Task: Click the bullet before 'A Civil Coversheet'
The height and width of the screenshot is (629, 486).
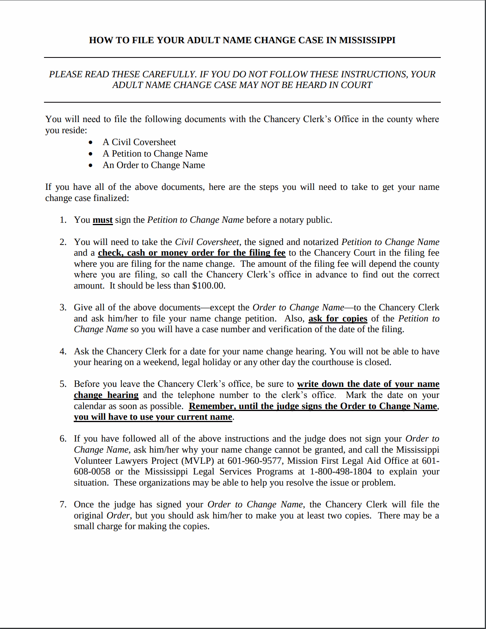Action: [x=91, y=142]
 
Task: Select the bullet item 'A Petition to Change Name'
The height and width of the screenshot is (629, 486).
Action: [x=155, y=153]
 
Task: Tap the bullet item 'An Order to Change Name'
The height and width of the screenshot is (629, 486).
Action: [x=154, y=165]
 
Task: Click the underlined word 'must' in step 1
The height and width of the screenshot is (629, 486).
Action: [x=103, y=220]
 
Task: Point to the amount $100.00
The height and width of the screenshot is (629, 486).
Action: [x=208, y=286]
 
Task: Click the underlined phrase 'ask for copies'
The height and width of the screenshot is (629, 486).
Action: [x=338, y=319]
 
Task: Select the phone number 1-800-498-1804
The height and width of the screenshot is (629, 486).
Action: [x=341, y=472]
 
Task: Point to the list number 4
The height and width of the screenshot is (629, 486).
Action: [x=63, y=352]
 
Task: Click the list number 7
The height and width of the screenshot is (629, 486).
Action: [x=63, y=505]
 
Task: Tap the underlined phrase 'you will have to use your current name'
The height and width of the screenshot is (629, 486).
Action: [x=153, y=417]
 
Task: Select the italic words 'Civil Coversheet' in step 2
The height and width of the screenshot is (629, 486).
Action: [x=207, y=242]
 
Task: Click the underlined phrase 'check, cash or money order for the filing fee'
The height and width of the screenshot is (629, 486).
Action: [x=191, y=253]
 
